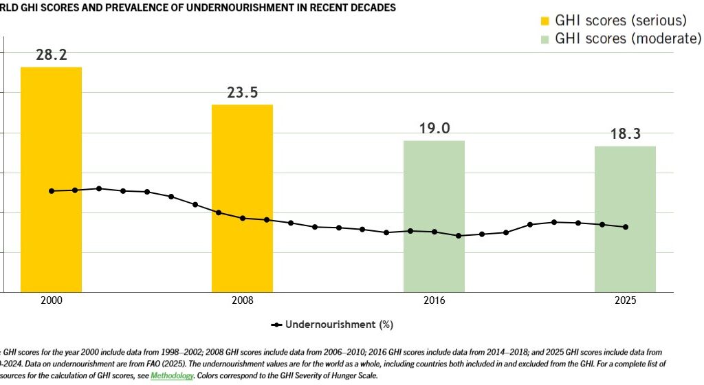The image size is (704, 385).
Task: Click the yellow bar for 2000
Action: tap(51, 179)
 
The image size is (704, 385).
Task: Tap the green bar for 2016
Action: tap(433, 216)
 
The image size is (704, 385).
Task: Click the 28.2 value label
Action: tap(52, 55)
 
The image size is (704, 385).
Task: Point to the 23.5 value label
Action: tap(242, 93)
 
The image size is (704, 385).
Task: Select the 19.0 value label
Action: tap(434, 129)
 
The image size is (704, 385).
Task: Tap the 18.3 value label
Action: tap(625, 134)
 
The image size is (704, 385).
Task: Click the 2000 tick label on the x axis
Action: tap(51, 301)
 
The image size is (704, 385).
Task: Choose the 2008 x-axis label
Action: tap(242, 301)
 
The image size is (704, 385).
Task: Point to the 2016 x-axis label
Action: tap(434, 301)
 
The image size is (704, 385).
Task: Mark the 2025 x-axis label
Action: tap(625, 301)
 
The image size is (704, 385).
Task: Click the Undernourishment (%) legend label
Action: tap(339, 324)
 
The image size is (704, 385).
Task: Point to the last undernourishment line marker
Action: tap(626, 227)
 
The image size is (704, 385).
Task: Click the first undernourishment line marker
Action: tap(52, 190)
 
